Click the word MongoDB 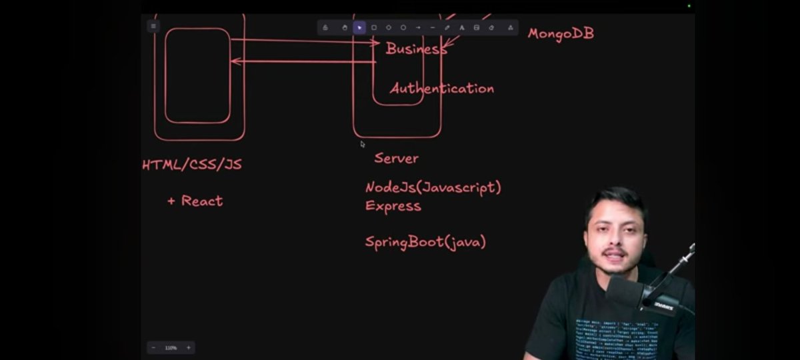[x=561, y=33]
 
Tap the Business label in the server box [x=415, y=49]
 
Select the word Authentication [x=442, y=88]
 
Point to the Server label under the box [x=396, y=158]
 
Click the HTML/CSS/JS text [x=192, y=165]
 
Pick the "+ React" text [x=195, y=201]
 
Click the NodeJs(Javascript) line [x=433, y=187]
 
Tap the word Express [x=393, y=206]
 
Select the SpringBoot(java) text [x=425, y=242]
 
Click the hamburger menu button [x=153, y=27]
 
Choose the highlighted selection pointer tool [x=359, y=27]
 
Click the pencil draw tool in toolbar [x=447, y=27]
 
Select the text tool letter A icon [x=461, y=27]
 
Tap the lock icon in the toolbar [x=325, y=27]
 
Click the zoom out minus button [x=154, y=347]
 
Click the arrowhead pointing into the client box [x=233, y=61]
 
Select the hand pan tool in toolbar [x=345, y=27]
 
